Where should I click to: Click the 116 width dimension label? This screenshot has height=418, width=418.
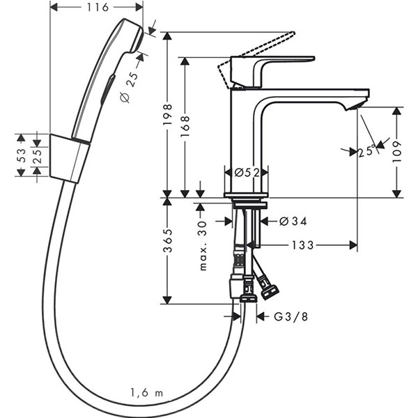[x=97, y=8]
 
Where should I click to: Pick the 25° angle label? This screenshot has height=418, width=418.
[x=367, y=150]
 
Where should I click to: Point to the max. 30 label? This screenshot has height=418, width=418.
[x=203, y=246]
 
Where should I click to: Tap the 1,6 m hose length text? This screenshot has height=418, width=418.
[x=146, y=394]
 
